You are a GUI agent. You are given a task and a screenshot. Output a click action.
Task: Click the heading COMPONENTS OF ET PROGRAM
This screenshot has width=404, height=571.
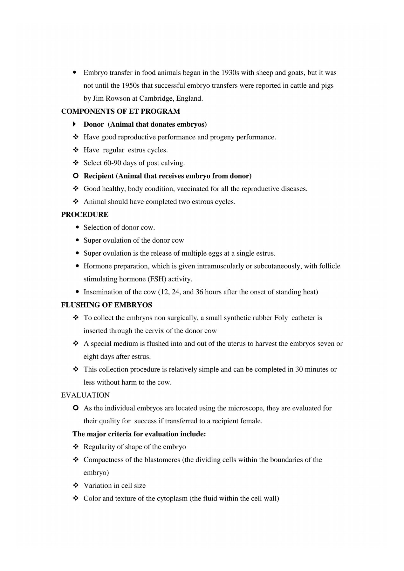point(120,111)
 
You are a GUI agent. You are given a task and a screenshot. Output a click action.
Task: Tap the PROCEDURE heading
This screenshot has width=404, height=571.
point(85,215)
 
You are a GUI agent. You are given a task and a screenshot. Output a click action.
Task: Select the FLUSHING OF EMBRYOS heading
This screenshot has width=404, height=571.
point(106,305)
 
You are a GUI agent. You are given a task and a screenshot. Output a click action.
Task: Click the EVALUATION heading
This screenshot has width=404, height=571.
point(85,395)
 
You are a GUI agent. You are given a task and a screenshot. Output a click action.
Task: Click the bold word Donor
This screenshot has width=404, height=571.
point(93,124)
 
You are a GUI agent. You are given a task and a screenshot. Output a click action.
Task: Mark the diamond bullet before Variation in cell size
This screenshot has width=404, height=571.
point(76,486)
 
